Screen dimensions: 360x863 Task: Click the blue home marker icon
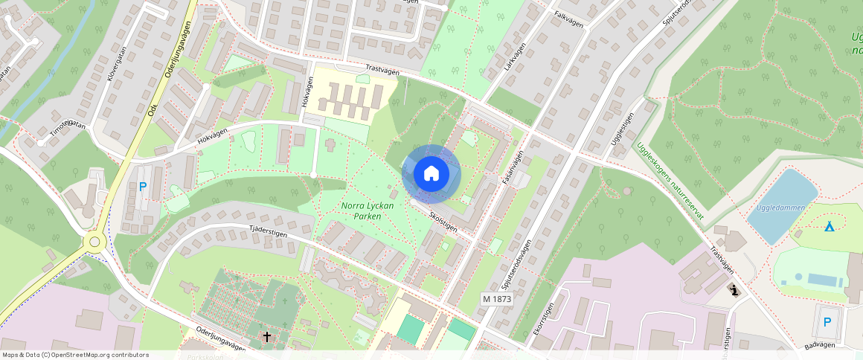[x=431, y=174]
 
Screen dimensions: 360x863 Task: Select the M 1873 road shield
[x=497, y=298]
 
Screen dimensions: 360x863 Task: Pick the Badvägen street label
[x=820, y=346]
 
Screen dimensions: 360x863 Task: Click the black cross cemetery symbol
[x=266, y=337]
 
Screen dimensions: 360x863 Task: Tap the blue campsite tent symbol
[x=829, y=225]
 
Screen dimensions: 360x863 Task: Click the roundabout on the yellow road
[x=94, y=242]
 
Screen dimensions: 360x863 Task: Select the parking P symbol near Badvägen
[x=827, y=323]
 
